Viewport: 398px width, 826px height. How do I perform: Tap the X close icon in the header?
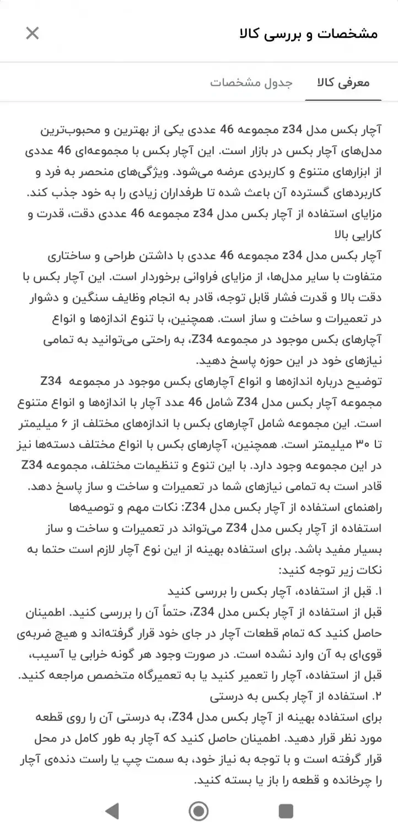click(x=33, y=33)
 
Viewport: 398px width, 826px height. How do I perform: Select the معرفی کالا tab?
click(x=343, y=83)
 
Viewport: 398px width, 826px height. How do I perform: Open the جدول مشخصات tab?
click(x=251, y=83)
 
